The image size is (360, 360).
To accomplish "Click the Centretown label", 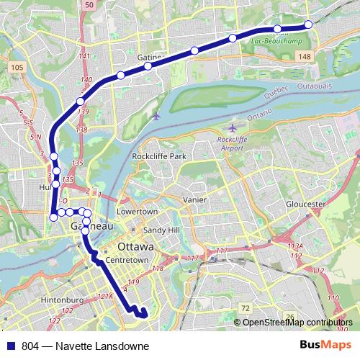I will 126,259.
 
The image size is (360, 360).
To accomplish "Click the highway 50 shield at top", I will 89,5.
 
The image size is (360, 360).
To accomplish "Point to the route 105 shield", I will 18,67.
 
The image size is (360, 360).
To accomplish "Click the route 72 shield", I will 246,307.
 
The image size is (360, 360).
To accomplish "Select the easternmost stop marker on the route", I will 308,24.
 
